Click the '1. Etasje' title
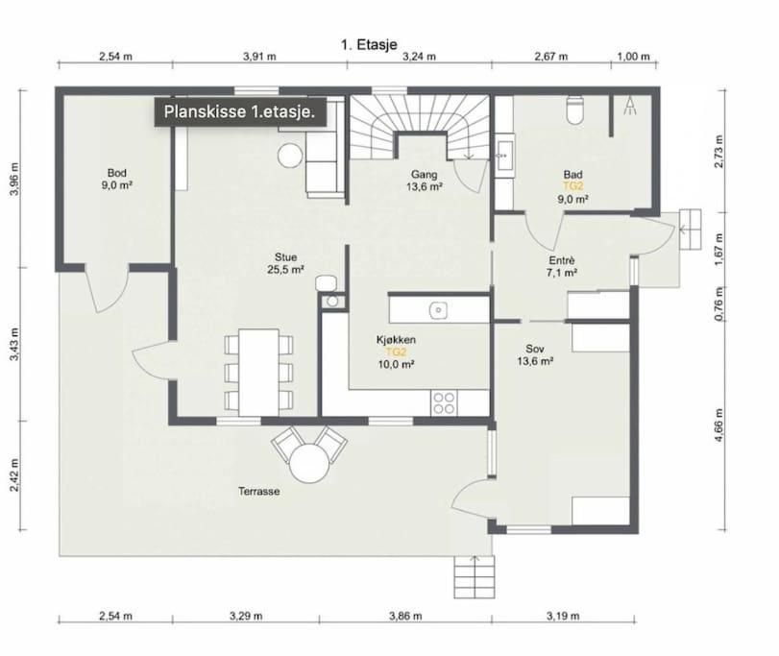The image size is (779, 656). (369, 44)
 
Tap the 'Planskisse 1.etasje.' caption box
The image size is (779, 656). (240, 111)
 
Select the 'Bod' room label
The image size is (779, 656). (117, 173)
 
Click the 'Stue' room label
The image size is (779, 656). (285, 256)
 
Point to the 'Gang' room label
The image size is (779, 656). (424, 174)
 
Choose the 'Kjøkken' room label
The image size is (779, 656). (396, 340)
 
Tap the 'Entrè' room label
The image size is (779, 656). (562, 260)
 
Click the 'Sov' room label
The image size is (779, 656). (535, 349)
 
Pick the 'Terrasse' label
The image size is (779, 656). (258, 491)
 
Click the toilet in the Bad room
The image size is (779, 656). (576, 109)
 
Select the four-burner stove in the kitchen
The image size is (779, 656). (444, 402)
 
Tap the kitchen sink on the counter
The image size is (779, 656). (438, 310)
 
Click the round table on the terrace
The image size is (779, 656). (309, 463)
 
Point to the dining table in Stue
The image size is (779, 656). (258, 372)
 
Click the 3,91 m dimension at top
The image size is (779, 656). (259, 56)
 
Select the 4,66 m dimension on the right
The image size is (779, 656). (718, 425)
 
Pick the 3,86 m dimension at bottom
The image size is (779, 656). (405, 616)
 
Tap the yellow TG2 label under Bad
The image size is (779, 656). (572, 186)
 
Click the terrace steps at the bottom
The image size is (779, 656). (475, 577)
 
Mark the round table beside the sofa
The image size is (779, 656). (290, 156)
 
